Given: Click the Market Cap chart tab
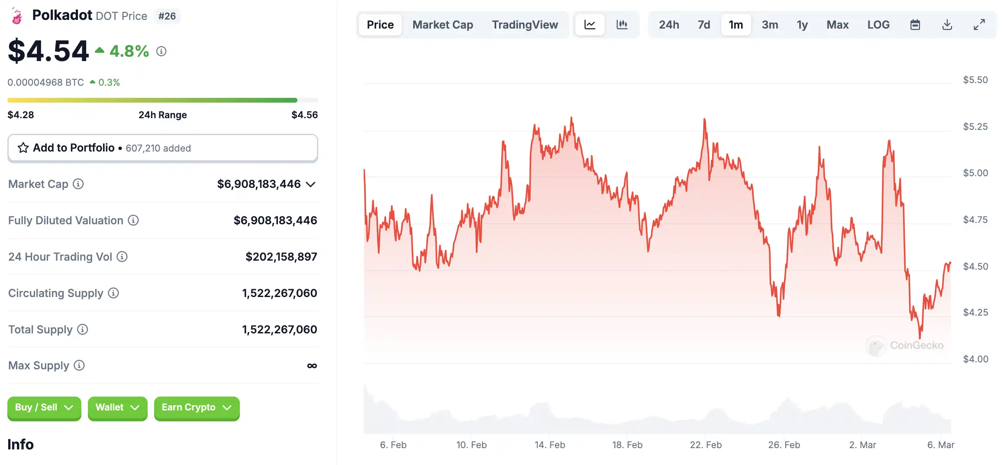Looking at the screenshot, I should [442, 25].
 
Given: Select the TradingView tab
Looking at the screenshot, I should [525, 25].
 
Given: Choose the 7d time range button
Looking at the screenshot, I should [704, 25].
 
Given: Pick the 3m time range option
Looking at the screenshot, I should [770, 25].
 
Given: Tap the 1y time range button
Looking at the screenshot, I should [802, 25].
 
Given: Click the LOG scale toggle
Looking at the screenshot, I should [878, 25].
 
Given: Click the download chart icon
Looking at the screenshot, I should [947, 25].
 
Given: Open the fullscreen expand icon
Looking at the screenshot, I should [979, 25].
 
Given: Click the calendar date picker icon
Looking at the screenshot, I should [915, 25].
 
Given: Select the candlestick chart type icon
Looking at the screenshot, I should [622, 25].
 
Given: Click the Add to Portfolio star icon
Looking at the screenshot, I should [23, 148].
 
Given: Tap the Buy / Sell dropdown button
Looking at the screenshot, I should [44, 407].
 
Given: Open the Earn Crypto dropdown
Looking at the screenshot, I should [197, 407].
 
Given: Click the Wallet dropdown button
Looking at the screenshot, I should [117, 407].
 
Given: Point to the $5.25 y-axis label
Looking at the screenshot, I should [975, 126].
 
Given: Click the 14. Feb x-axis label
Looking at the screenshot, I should [549, 445].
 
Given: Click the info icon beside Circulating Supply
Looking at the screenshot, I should [113, 293].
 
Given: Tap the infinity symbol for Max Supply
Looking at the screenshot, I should [312, 366].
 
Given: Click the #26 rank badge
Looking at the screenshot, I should [167, 16].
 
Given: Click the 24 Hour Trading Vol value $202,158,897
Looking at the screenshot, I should [281, 257].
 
